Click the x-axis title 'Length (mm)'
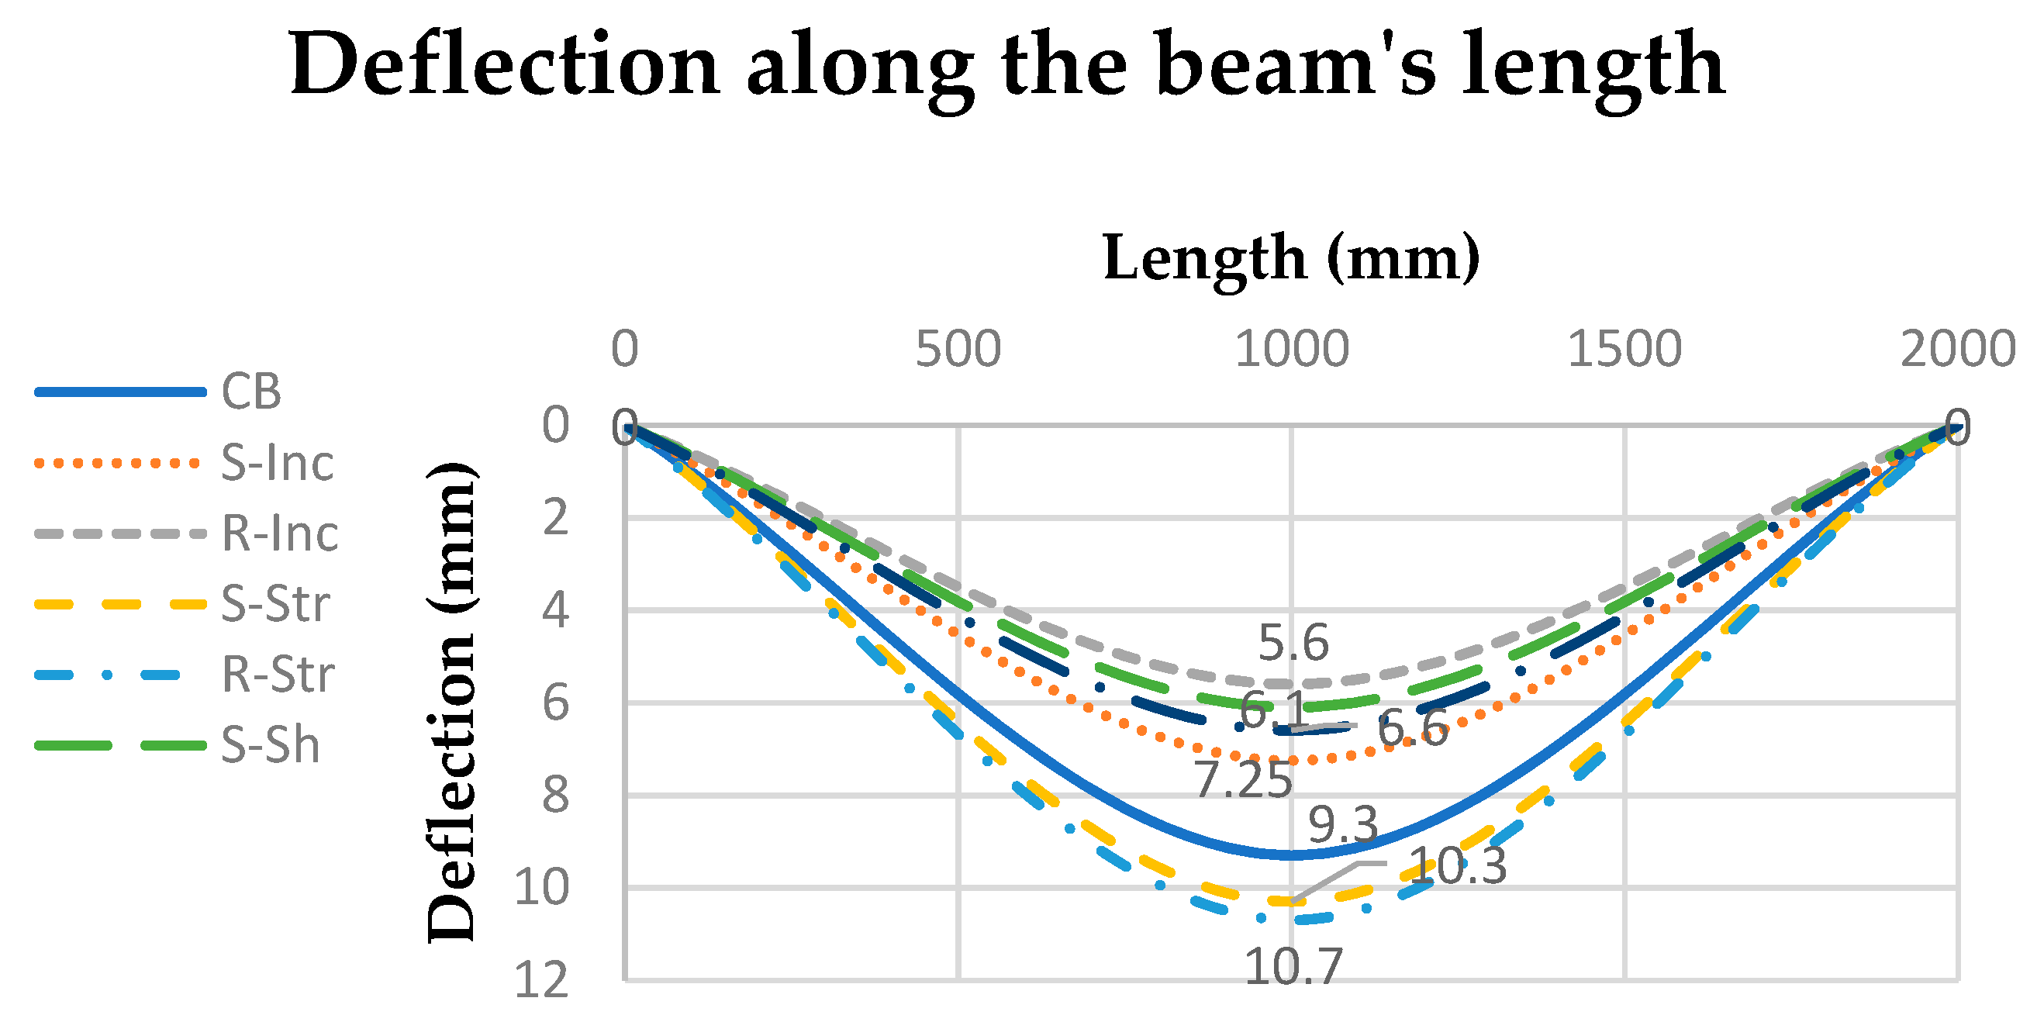coord(1290,258)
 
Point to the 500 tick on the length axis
coord(958,349)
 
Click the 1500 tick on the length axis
coord(1624,349)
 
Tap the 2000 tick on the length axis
coord(1957,349)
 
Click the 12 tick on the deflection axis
coord(542,981)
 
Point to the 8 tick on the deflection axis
coord(555,796)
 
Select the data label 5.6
coord(1293,642)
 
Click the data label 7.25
coord(1243,780)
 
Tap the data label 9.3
coord(1343,825)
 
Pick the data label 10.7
coord(1293,967)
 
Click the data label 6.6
coord(1412,729)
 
